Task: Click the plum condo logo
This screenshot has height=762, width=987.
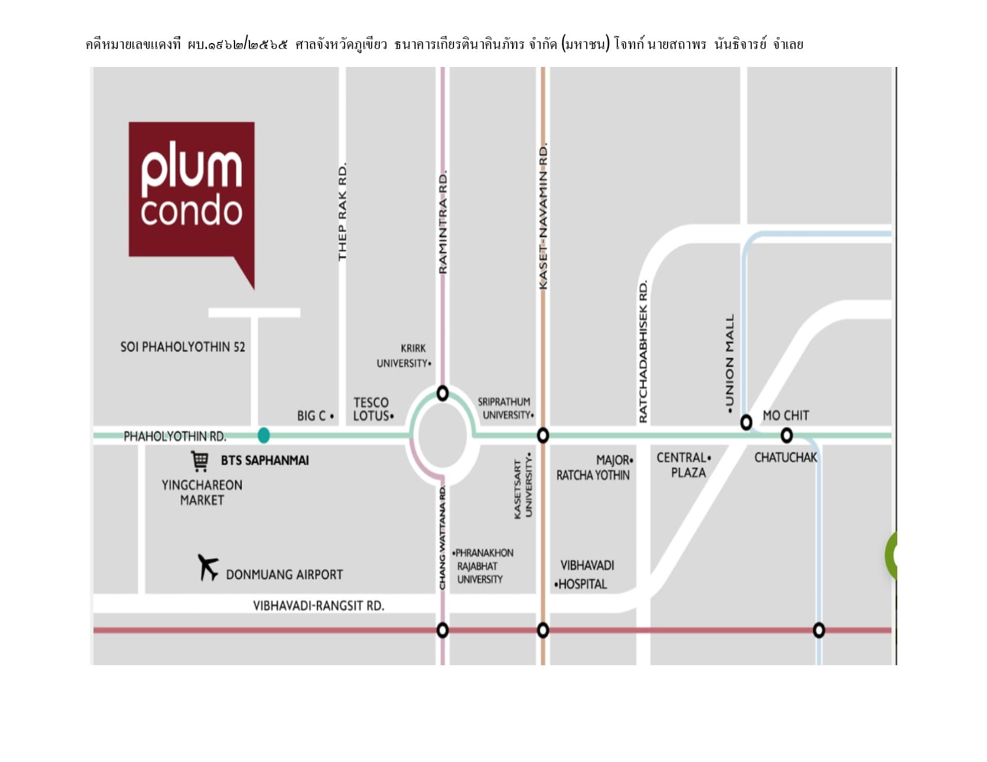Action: click(x=191, y=200)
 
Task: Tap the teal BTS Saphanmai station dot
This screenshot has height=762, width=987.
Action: click(x=263, y=435)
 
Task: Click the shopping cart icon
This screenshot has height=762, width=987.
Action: click(x=200, y=461)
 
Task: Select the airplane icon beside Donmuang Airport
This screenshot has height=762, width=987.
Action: click(x=208, y=567)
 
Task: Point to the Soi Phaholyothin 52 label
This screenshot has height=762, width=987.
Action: click(x=182, y=347)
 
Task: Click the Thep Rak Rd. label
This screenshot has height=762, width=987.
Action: click(x=343, y=212)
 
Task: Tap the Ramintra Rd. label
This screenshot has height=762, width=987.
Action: click(x=443, y=222)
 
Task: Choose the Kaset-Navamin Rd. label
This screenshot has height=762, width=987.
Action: click(x=543, y=216)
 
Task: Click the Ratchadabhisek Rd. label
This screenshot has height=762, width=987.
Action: click(x=643, y=352)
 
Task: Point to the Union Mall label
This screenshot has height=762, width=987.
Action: click(x=729, y=363)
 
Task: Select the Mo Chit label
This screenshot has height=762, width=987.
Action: click(x=786, y=415)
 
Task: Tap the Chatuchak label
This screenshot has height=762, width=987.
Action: click(x=786, y=457)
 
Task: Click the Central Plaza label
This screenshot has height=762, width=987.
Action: click(x=684, y=465)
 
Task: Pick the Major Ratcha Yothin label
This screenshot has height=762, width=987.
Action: click(x=595, y=467)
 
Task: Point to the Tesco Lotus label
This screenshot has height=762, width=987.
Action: click(x=373, y=409)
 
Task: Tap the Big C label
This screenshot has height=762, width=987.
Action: click(x=316, y=416)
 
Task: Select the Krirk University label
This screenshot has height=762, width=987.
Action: click(x=404, y=356)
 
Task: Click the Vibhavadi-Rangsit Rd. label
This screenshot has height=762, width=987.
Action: click(x=318, y=606)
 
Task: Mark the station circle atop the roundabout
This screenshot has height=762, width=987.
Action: click(x=443, y=393)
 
